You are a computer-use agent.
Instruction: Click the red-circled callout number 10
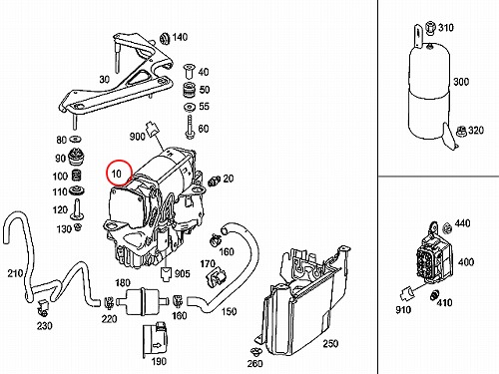117,174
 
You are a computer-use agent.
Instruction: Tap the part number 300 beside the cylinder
461,82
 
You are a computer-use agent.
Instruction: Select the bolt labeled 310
430,28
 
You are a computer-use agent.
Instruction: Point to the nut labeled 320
461,131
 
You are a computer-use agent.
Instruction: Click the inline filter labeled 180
141,301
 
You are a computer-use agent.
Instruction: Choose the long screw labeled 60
190,127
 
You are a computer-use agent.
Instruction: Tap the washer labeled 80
76,139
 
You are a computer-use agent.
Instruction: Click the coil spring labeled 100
76,176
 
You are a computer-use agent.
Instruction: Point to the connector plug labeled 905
166,273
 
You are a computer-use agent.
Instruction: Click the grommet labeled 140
165,38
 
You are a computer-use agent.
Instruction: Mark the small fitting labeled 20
215,181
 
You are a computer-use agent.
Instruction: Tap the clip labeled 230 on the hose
43,308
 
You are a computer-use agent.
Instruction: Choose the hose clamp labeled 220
108,302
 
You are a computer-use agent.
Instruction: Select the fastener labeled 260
255,351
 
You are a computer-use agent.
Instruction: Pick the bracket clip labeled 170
217,277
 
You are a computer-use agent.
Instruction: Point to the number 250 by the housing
330,343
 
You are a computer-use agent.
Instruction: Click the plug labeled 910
407,293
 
